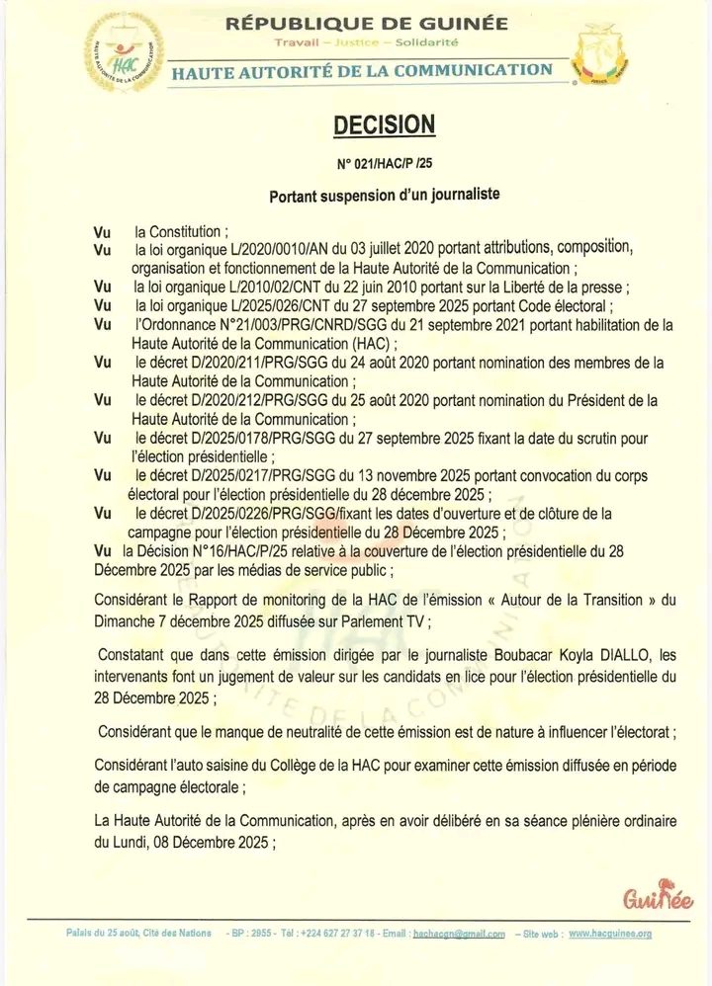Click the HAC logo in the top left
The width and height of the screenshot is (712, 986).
pyautogui.click(x=124, y=51)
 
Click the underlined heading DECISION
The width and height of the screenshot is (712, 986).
pyautogui.click(x=384, y=124)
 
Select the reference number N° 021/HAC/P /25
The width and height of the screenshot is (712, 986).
pyautogui.click(x=384, y=163)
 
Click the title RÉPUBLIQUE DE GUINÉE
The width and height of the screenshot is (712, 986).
pyautogui.click(x=367, y=23)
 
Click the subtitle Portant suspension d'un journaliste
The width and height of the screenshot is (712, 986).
pyautogui.click(x=384, y=196)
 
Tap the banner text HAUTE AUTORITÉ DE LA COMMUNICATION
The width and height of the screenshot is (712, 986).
pyautogui.click(x=362, y=70)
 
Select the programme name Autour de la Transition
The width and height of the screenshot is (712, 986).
pyautogui.click(x=560, y=599)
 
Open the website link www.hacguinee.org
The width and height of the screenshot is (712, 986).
pyautogui.click(x=609, y=933)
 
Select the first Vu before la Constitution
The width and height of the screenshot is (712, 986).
pyautogui.click(x=103, y=231)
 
